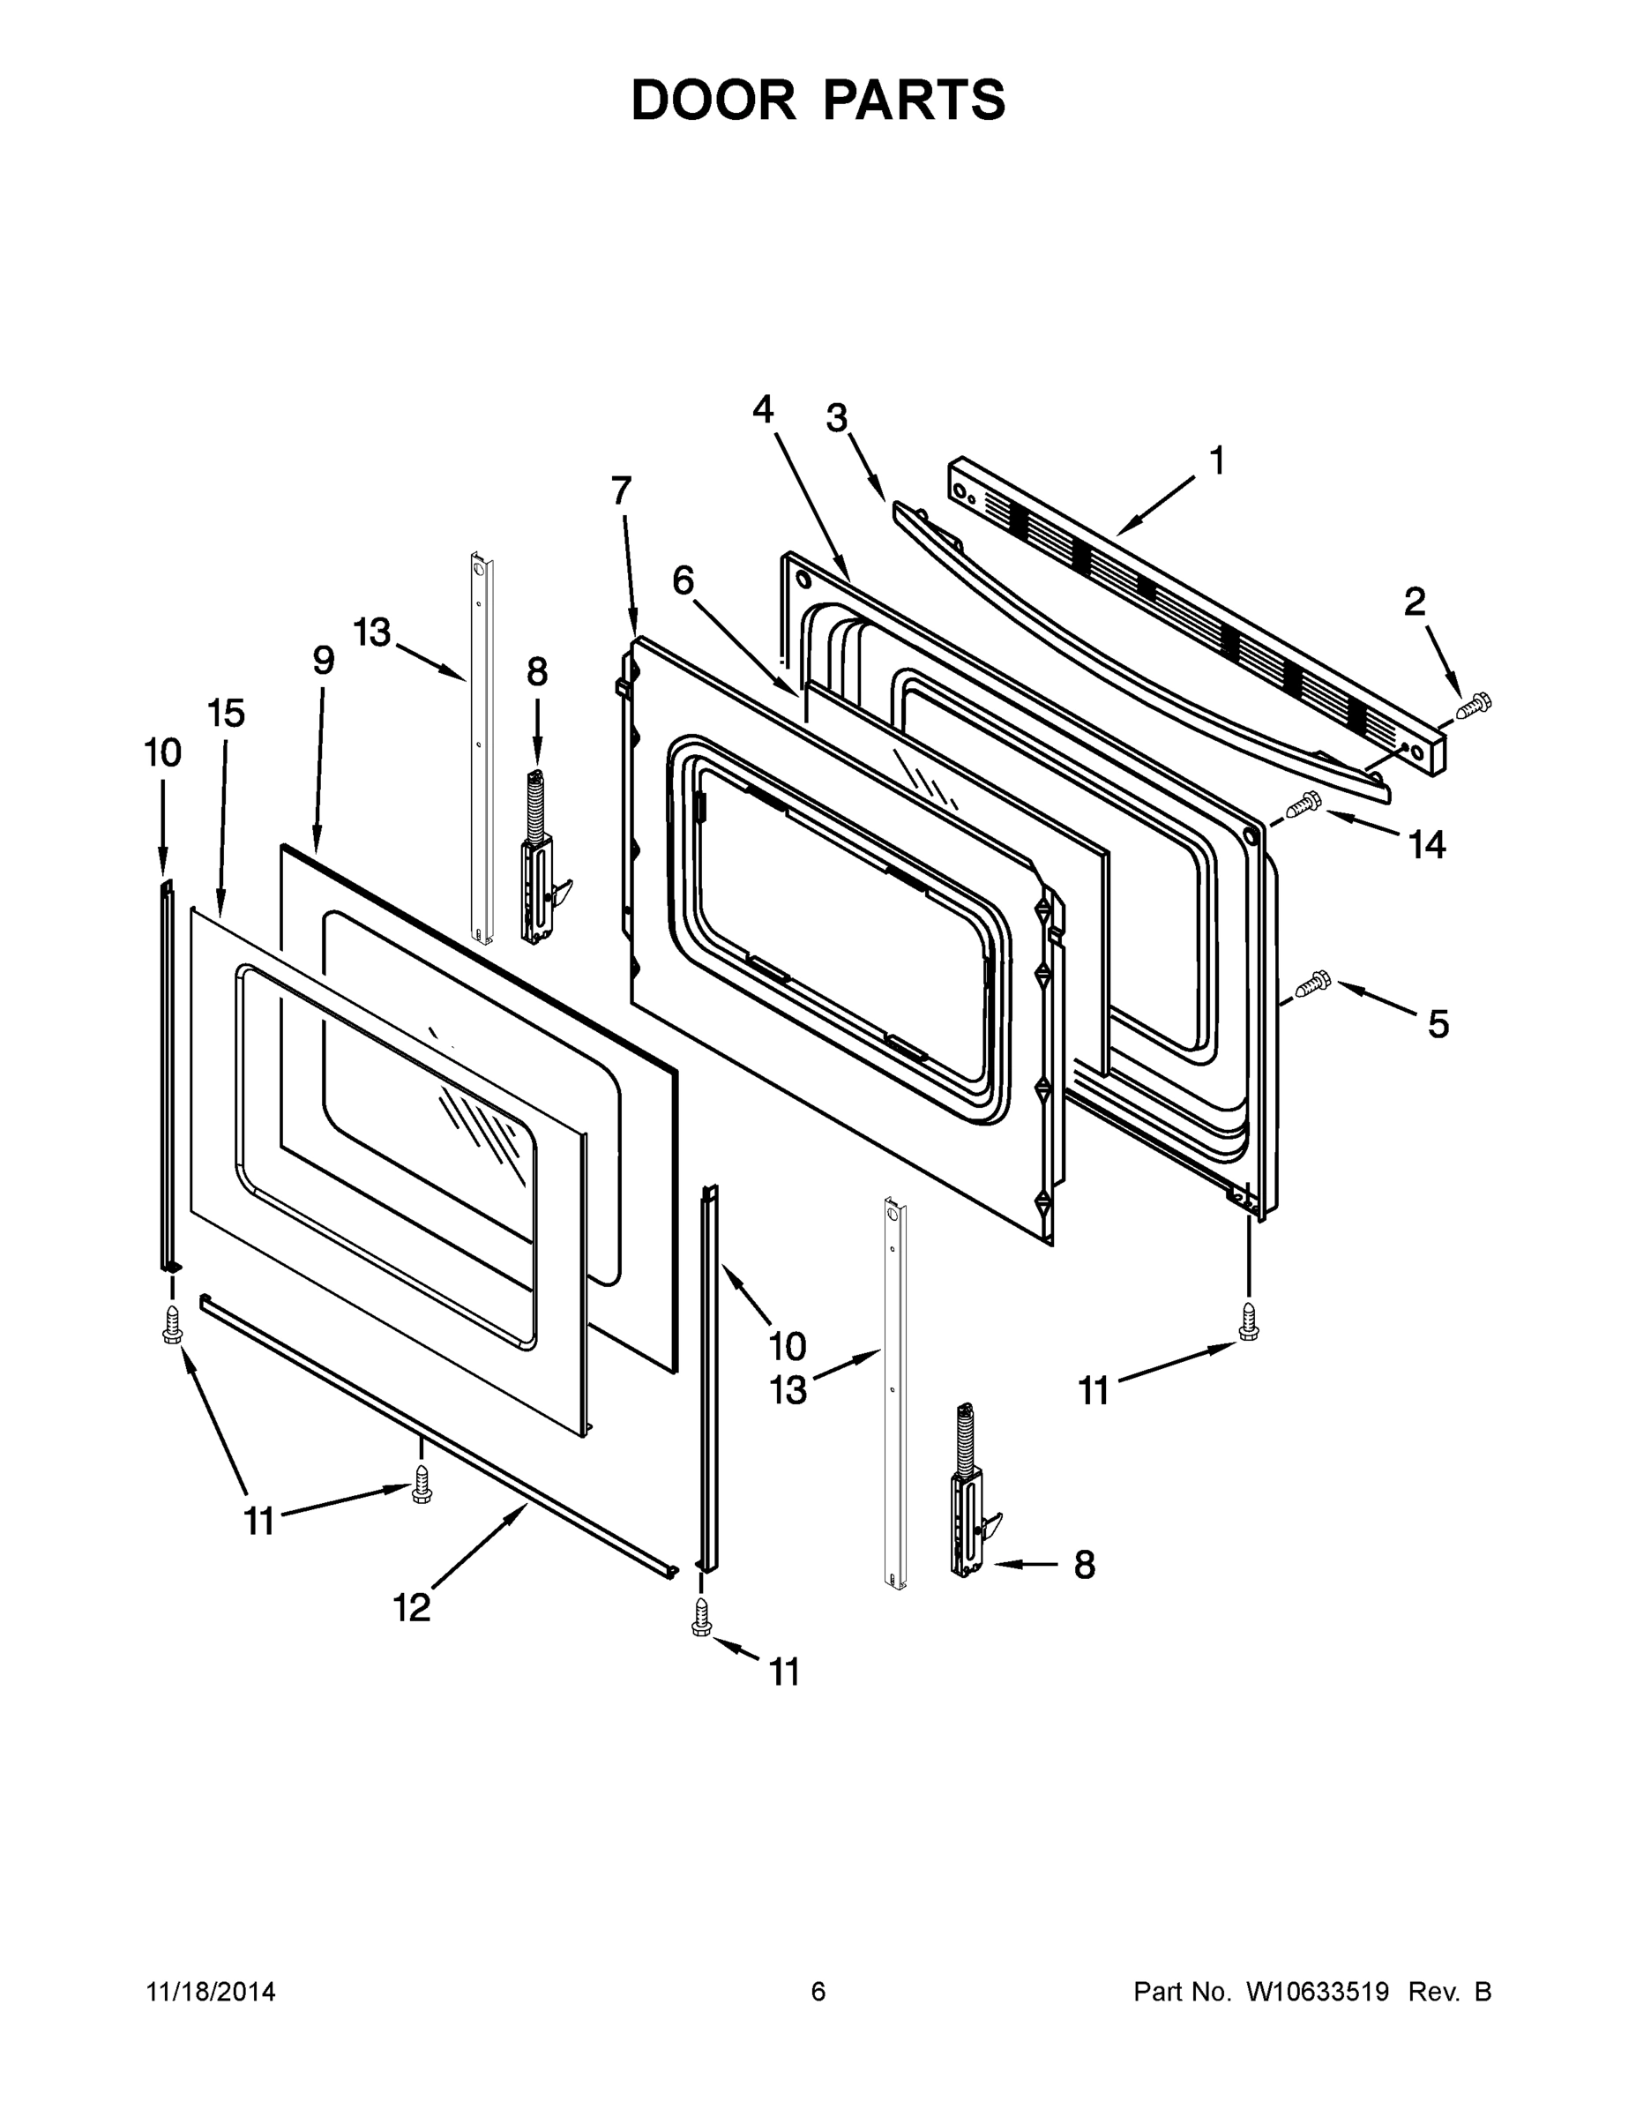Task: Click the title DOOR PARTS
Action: (818, 100)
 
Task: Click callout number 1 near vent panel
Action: (1217, 461)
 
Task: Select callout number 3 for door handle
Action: (836, 419)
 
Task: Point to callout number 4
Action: (763, 410)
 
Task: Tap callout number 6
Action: (684, 581)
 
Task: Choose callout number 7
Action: (621, 491)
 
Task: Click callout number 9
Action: (324, 661)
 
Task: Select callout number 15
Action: (226, 714)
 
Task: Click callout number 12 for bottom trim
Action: (411, 1608)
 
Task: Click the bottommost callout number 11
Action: (784, 1672)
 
